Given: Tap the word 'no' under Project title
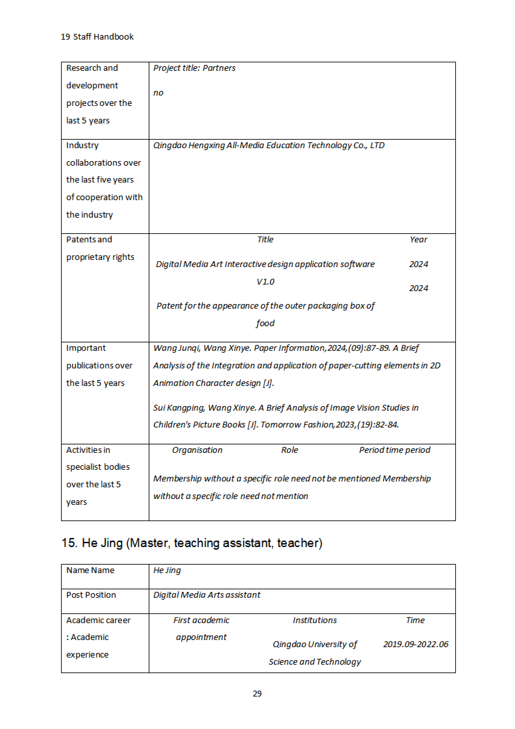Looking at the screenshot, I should point(158,93).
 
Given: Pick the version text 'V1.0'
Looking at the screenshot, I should point(265,282).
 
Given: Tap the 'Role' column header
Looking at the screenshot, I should point(289,450).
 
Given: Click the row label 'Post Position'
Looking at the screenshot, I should point(91,595).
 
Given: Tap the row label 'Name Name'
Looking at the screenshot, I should point(90,570).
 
